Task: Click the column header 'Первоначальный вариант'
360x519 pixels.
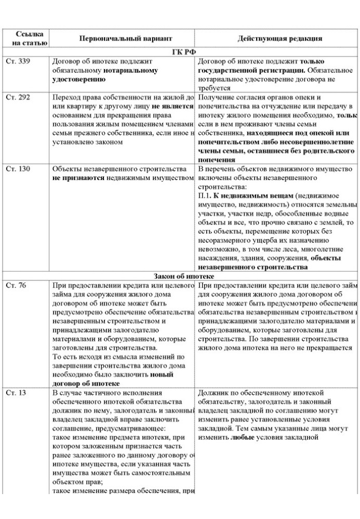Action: tap(125, 38)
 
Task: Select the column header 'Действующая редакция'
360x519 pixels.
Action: tap(280, 38)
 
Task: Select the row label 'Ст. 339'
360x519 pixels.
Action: tap(18, 61)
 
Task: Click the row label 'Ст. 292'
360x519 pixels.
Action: tap(18, 97)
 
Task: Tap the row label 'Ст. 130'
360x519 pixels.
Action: tap(18, 169)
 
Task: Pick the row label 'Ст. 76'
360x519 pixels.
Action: tap(16, 285)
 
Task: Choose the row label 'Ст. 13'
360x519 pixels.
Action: tap(16, 393)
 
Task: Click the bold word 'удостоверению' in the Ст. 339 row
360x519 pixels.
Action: tap(79, 79)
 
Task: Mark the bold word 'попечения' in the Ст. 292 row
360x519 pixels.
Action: tap(217, 160)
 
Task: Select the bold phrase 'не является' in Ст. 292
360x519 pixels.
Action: tap(172, 106)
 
